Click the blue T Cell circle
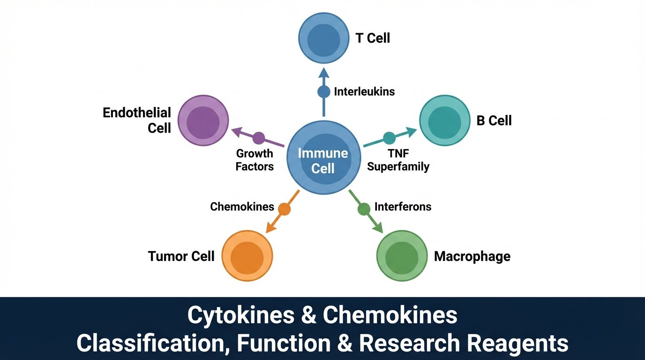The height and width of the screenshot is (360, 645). pos(324,38)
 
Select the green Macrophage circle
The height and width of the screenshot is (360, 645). pos(402,255)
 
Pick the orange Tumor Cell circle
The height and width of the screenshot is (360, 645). pos(247,255)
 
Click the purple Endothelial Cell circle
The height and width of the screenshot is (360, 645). pos(203,120)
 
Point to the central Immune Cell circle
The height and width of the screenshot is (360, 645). pos(323,160)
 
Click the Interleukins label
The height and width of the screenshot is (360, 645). pos(364,91)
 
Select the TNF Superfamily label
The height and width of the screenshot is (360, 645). pos(398,160)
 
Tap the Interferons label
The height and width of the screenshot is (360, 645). pos(403,207)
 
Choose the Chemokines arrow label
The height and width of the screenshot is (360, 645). pos(242,207)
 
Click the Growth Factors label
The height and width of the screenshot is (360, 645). pos(255,160)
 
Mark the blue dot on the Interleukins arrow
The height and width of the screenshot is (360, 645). pos(324,91)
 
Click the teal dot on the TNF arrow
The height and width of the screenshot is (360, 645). pos(389,138)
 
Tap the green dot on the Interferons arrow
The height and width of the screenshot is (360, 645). pos(364,209)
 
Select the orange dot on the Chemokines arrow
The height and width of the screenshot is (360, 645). pos(284,209)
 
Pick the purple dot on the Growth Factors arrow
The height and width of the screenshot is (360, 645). pos(259,138)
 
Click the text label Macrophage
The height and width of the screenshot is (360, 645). pos(472,256)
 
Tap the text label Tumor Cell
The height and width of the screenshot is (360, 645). pos(181,256)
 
